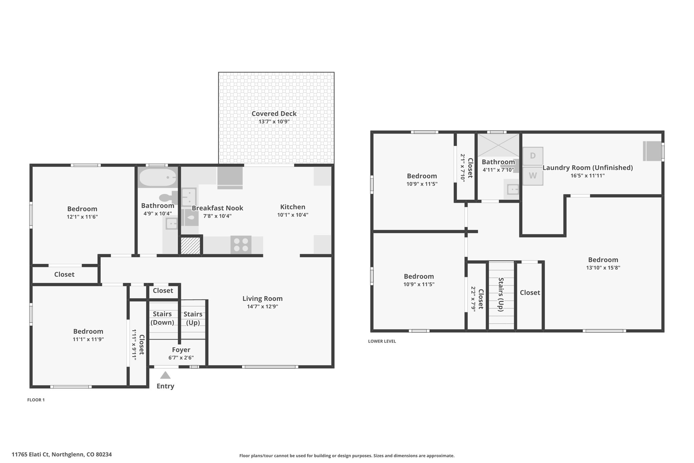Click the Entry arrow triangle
(x=165, y=375)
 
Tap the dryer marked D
(x=533, y=156)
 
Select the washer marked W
(x=533, y=176)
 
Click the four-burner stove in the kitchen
(x=241, y=245)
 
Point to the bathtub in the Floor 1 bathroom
(x=158, y=177)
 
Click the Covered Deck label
(x=274, y=114)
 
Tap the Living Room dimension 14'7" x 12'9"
(x=263, y=307)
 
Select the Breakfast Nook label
(x=218, y=208)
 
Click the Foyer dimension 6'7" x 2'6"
(x=181, y=358)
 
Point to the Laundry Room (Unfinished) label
(x=588, y=168)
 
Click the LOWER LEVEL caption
(x=382, y=341)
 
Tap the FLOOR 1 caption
(x=36, y=400)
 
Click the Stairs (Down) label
(x=162, y=318)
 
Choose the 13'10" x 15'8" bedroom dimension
(x=603, y=268)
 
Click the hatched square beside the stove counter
(x=190, y=245)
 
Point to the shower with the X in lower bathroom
(x=498, y=145)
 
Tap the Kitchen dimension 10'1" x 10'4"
(x=293, y=215)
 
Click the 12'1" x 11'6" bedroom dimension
(x=82, y=217)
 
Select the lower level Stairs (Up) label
(x=501, y=294)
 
